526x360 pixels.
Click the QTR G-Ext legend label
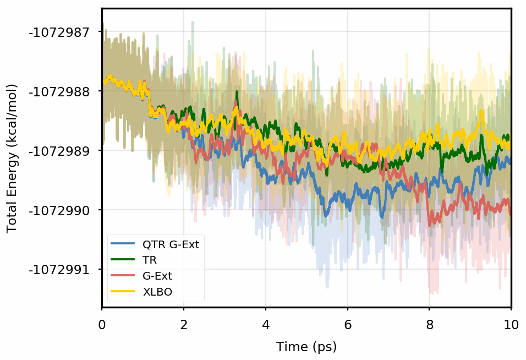[x=171, y=244]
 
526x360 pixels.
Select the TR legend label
[x=150, y=260]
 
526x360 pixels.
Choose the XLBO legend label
[x=157, y=292]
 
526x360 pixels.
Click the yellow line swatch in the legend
[x=123, y=292]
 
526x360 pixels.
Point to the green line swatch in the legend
[x=123, y=260]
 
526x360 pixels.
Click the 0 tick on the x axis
[x=102, y=324]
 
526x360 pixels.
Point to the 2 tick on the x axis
[x=184, y=324]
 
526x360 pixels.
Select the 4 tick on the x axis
[x=266, y=324]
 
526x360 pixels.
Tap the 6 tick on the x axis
[x=348, y=324]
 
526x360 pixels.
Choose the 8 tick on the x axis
[x=430, y=324]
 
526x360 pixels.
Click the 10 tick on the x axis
[x=511, y=324]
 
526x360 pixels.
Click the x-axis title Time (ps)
[x=306, y=347]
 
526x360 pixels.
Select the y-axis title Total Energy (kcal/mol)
[x=12, y=159]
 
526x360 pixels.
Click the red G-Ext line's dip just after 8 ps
[x=432, y=222]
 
